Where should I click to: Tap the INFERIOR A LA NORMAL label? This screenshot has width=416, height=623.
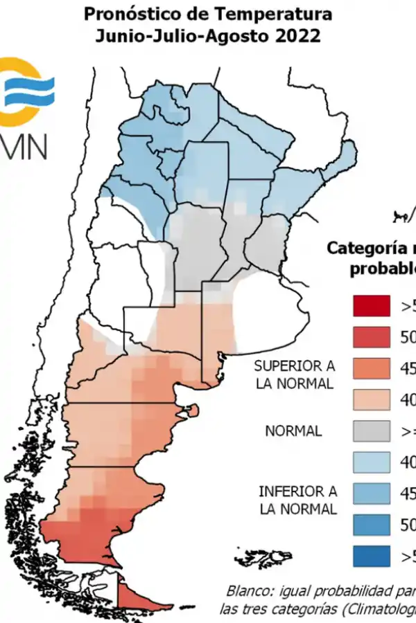(x=297, y=500)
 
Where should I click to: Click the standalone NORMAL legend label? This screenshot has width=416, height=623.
(x=293, y=431)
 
